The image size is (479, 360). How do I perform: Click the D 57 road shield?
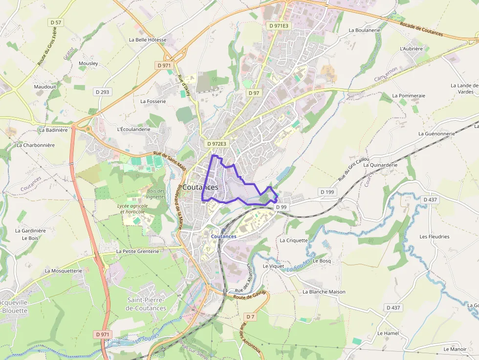[x=56, y=22]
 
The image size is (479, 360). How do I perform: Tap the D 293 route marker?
[x=103, y=91]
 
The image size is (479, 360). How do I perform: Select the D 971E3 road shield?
[x=278, y=25]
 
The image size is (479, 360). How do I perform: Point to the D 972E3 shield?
[x=217, y=144]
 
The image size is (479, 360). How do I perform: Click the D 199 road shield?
[x=327, y=192]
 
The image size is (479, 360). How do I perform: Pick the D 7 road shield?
[x=250, y=317]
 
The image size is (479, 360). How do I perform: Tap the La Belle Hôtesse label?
[x=148, y=40]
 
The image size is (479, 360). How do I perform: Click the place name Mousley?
[x=88, y=64]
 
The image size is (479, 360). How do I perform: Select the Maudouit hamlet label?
[x=45, y=86]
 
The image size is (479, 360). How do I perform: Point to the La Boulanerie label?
[x=365, y=30]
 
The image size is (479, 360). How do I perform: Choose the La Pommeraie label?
[x=409, y=96]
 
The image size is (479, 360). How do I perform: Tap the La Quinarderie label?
[x=380, y=165]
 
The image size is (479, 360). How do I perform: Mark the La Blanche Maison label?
[x=324, y=292]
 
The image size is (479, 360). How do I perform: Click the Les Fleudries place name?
[x=434, y=236]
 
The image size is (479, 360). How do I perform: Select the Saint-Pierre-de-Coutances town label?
[x=147, y=304]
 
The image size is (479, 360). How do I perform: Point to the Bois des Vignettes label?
[x=155, y=193]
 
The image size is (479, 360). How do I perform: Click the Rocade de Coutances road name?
[x=421, y=30]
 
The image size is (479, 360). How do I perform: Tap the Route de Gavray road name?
[x=250, y=295]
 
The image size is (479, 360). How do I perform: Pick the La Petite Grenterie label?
[x=137, y=251]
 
